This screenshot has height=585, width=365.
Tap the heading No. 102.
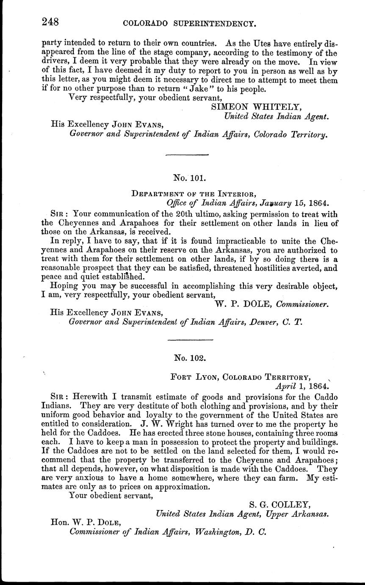click(190, 357)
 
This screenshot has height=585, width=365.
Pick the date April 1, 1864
click(301, 386)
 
